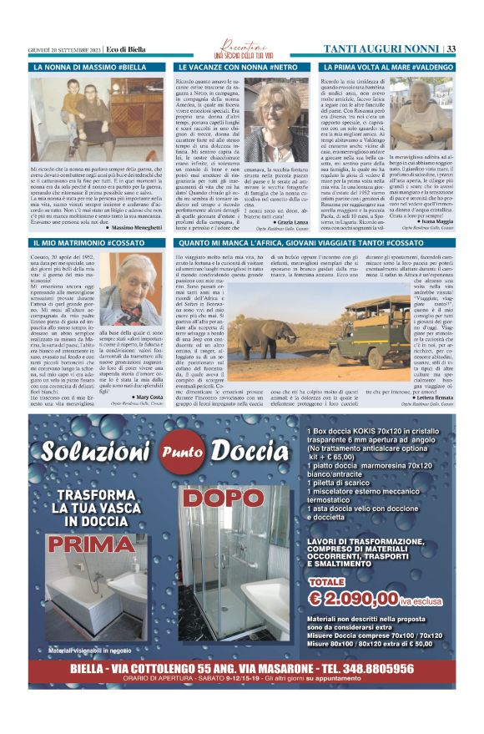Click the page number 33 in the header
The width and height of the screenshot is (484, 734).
point(451,48)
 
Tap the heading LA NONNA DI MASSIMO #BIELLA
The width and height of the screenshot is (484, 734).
point(89,66)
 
